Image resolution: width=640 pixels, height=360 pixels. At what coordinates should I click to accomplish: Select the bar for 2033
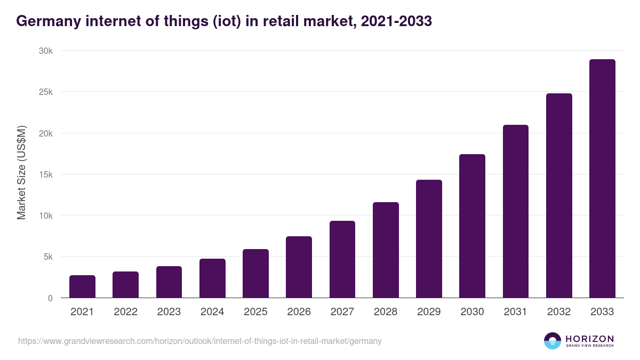(602, 179)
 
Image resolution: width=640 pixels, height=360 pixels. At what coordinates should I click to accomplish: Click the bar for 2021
(82, 286)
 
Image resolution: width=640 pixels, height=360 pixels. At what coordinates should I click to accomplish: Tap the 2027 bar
(342, 259)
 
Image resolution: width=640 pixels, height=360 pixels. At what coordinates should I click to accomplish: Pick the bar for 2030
(472, 226)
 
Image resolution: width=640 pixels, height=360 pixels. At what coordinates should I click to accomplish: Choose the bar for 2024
(212, 278)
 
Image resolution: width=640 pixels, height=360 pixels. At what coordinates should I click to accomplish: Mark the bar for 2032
(559, 196)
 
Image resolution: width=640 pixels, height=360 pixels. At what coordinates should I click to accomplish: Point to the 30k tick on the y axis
(45, 51)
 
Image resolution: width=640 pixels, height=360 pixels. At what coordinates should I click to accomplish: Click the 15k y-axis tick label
(45, 174)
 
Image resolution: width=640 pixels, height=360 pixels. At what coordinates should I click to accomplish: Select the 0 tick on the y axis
(50, 298)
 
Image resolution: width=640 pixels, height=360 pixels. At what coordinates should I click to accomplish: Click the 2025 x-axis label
(255, 312)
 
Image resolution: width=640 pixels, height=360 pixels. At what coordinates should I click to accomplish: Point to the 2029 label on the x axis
(429, 312)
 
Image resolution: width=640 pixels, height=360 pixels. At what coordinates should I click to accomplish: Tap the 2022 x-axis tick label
(125, 312)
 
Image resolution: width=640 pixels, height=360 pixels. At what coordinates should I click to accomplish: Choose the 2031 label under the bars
(516, 312)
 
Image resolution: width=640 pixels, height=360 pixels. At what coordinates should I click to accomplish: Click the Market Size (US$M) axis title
(21, 173)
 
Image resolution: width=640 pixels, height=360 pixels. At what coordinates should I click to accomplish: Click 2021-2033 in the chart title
(396, 21)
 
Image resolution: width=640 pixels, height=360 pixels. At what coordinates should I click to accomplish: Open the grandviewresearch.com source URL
(200, 341)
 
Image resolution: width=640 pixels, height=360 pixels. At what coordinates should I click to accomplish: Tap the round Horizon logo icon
(552, 341)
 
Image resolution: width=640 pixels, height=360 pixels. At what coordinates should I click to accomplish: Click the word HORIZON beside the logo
(589, 339)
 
